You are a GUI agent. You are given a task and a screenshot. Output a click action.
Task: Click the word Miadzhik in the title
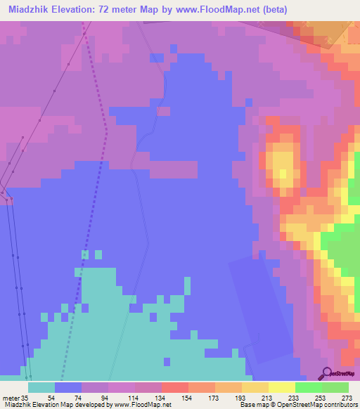pos(30,9)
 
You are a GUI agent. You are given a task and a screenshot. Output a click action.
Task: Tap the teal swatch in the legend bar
pos(41,387)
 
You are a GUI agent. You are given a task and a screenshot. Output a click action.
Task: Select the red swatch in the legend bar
pos(175,387)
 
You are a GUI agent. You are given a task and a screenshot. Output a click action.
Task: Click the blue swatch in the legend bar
pos(68,387)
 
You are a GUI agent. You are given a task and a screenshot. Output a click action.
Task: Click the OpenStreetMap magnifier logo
pos(326,372)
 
